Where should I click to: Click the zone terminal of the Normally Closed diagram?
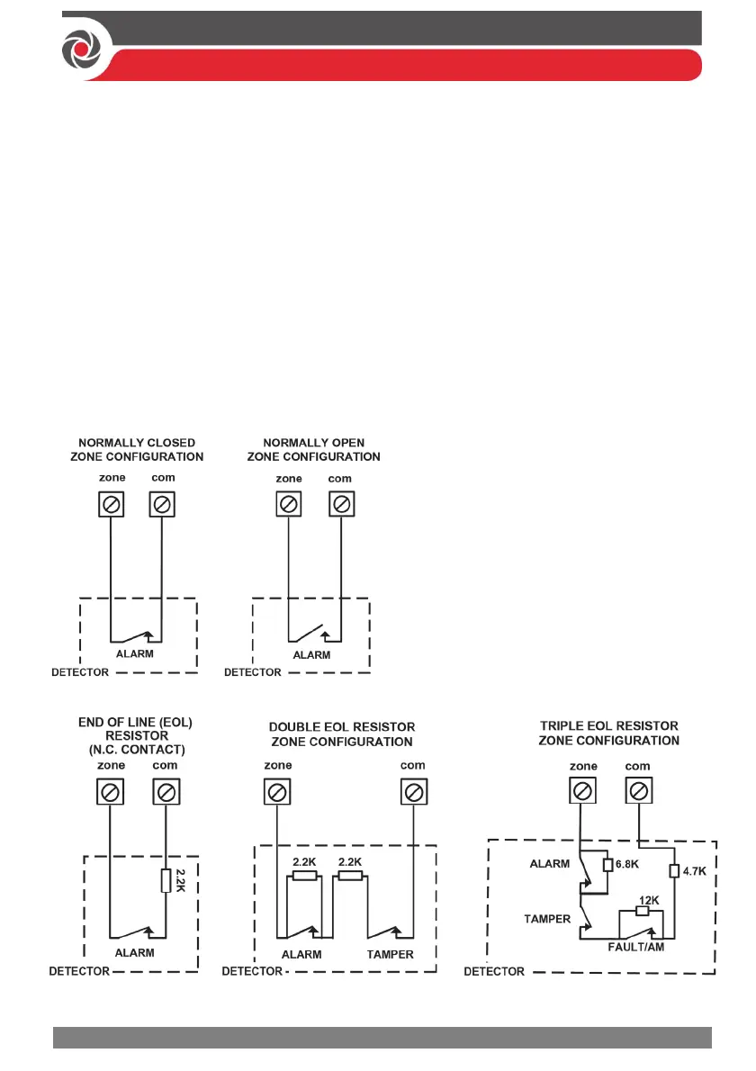click(x=110, y=505)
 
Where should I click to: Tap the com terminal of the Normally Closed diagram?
click(x=162, y=505)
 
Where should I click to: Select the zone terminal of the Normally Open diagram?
click(x=287, y=505)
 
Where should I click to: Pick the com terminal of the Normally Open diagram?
click(x=340, y=505)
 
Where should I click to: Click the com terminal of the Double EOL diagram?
click(x=413, y=793)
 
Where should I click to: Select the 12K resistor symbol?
click(x=643, y=910)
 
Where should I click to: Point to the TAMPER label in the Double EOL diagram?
click(x=390, y=955)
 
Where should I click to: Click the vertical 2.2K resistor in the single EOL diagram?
click(x=166, y=881)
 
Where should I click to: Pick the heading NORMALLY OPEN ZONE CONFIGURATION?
click(x=313, y=450)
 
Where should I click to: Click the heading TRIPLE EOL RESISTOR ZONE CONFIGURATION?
click(x=608, y=733)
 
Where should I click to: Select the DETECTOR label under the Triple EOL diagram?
click(x=494, y=972)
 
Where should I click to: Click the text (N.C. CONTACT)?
click(x=135, y=749)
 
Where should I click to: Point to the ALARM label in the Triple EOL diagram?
click(x=550, y=863)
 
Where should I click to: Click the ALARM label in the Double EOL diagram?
click(x=301, y=955)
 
